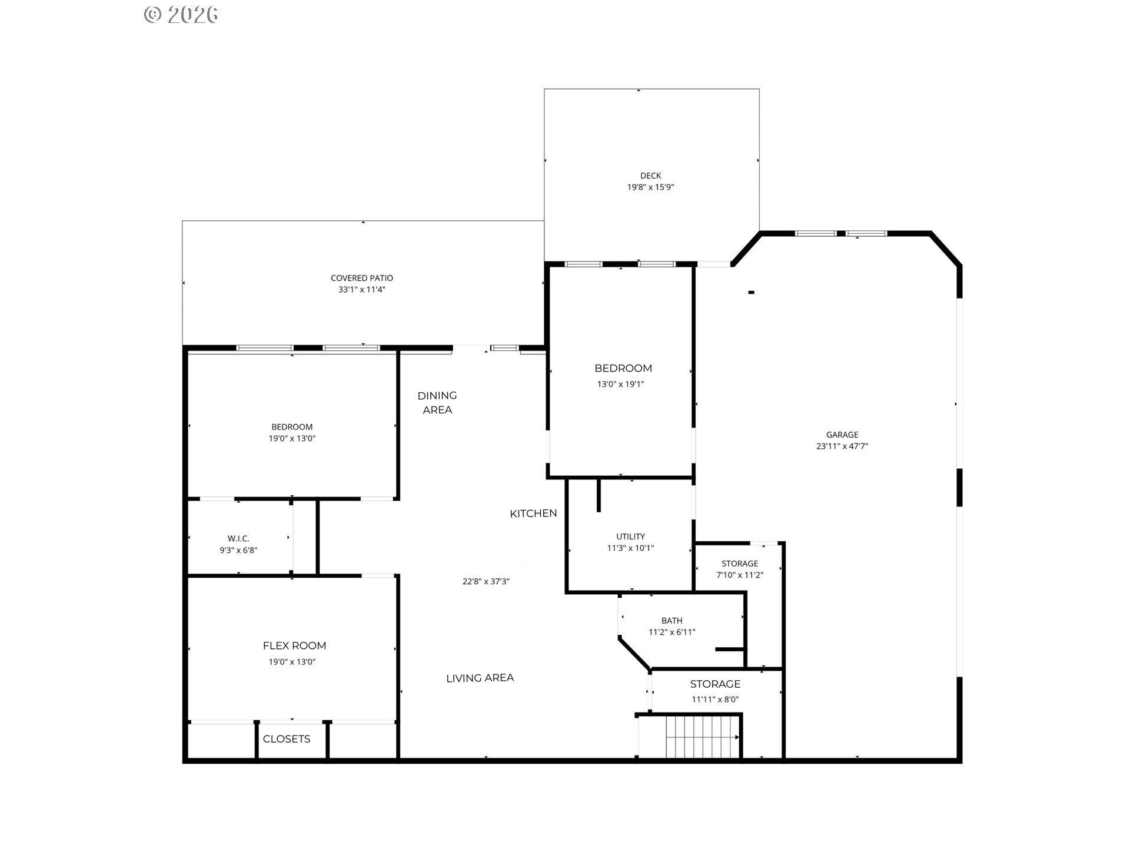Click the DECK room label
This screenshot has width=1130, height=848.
click(650, 175)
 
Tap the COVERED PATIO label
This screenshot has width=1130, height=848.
click(361, 278)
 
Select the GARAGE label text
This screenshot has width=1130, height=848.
click(842, 435)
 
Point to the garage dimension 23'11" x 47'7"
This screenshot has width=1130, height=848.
click(842, 446)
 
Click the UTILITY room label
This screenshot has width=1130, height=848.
click(630, 536)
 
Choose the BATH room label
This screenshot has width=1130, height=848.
click(672, 621)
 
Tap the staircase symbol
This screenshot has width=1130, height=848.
click(703, 737)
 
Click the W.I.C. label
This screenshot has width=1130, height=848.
click(238, 538)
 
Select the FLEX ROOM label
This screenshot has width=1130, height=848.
click(294, 645)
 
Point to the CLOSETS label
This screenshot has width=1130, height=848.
click(287, 738)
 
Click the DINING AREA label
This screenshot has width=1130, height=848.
click(437, 402)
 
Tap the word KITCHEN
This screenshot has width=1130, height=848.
click(533, 514)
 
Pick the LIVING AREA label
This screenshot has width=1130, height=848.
click(480, 678)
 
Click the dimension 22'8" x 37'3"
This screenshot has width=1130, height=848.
click(486, 581)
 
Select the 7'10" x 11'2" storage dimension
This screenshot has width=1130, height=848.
click(740, 575)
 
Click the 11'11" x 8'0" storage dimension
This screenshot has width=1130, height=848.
click(715, 700)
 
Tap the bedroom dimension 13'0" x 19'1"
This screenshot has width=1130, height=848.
click(620, 384)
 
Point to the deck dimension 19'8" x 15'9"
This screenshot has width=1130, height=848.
click(650, 187)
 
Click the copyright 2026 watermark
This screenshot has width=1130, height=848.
click(181, 14)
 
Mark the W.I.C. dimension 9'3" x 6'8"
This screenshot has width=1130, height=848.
click(238, 550)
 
